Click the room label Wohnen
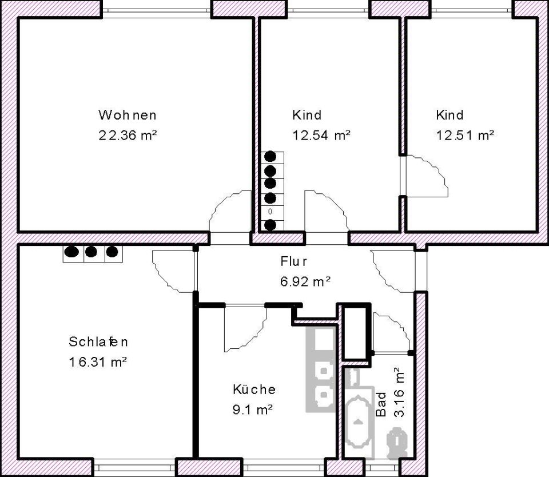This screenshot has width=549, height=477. [128, 115]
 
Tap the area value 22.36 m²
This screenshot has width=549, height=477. [128, 135]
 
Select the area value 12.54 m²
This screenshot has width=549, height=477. [321, 135]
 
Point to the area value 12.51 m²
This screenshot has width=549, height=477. [465, 135]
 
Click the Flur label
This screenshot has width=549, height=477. [294, 261]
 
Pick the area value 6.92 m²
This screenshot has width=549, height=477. [305, 281]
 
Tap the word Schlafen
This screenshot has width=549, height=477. [98, 341]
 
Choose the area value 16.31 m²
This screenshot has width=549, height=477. [98, 362]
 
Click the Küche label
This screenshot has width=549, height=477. [254, 389]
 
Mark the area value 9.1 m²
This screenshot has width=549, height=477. [253, 410]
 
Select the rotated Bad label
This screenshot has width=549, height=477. [381, 404]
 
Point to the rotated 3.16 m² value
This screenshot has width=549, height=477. [399, 392]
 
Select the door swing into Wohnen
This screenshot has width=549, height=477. [230, 211]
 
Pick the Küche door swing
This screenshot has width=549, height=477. [245, 328]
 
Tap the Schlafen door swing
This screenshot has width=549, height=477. [173, 272]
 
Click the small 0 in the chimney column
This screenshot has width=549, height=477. [270, 212]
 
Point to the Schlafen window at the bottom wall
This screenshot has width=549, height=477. [134, 468]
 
